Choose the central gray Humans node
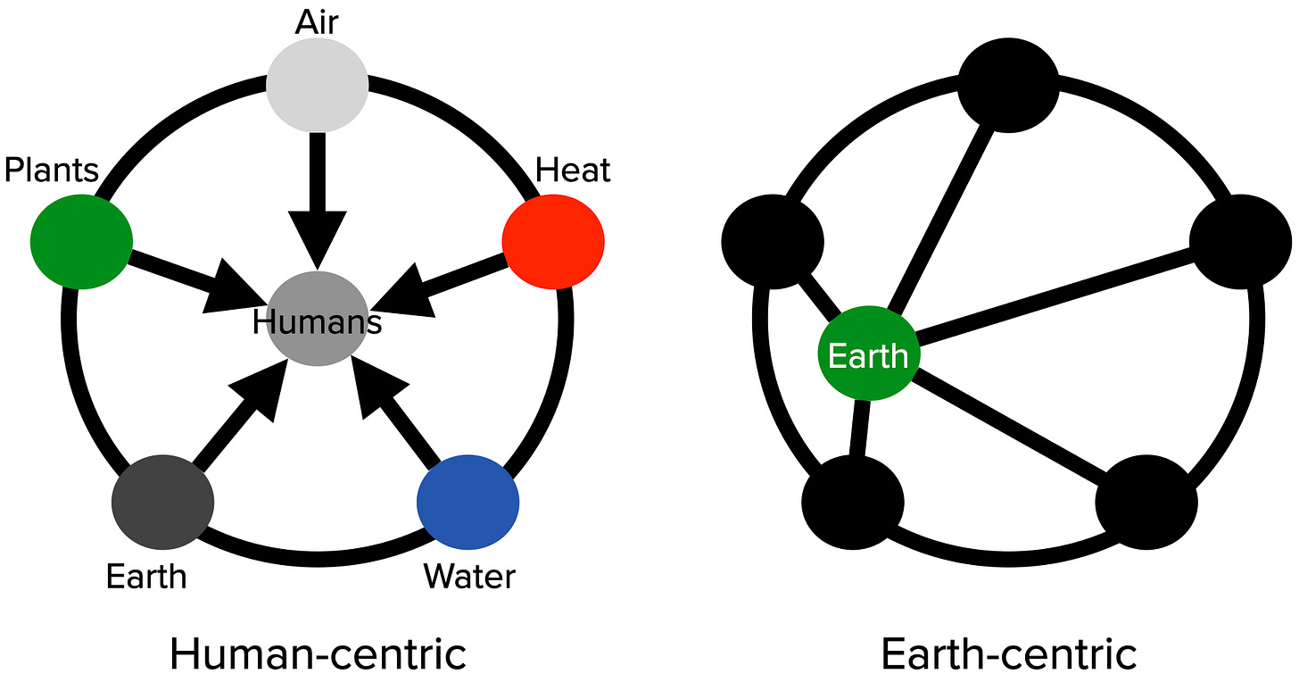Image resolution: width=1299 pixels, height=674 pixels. [317, 318]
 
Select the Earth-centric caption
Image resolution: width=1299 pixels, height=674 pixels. [1008, 653]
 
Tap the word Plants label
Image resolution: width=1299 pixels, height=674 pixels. [51, 169]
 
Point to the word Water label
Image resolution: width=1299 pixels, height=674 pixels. [469, 576]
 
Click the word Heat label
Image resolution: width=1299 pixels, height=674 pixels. [573, 169]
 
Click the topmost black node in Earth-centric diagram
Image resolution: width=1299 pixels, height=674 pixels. [1008, 86]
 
